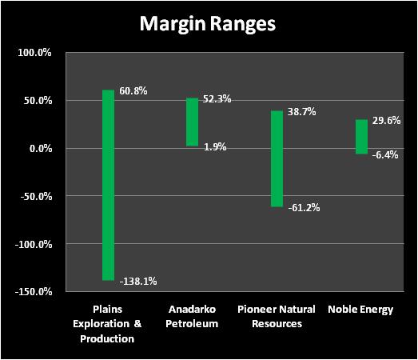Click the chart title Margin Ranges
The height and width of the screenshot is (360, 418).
(x=207, y=25)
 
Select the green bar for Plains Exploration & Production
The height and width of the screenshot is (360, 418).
(x=108, y=185)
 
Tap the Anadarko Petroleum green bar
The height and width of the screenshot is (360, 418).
(x=192, y=122)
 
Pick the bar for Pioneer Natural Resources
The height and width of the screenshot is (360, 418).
(x=277, y=158)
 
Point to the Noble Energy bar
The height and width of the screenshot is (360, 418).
(x=362, y=137)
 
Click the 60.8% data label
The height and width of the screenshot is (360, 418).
(x=133, y=91)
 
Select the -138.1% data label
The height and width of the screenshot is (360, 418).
(x=138, y=281)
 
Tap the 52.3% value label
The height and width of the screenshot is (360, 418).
(x=217, y=99)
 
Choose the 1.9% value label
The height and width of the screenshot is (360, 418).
(x=215, y=146)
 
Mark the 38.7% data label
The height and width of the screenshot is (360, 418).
(x=302, y=111)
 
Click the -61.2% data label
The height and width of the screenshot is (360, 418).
(x=304, y=207)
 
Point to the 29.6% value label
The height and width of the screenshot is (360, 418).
(x=387, y=120)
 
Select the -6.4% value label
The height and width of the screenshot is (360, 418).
(x=385, y=154)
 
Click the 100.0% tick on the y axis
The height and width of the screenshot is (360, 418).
(x=34, y=53)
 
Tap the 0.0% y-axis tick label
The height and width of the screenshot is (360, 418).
(x=41, y=148)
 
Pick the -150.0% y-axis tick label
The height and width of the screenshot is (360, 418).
(x=34, y=291)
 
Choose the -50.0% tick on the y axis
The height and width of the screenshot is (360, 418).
(x=36, y=196)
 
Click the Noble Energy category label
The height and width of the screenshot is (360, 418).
(x=360, y=310)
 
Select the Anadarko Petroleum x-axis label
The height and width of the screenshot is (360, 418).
(x=192, y=317)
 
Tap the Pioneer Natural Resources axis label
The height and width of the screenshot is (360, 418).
(x=277, y=317)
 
